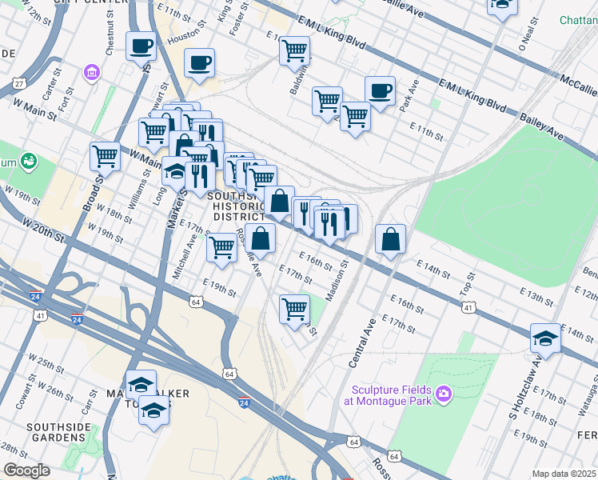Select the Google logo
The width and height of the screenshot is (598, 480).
[26, 470]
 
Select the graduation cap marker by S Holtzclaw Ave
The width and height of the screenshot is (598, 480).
[545, 338]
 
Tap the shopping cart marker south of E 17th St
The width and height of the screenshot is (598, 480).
[295, 309]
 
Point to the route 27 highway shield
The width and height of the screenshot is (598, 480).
[18, 83]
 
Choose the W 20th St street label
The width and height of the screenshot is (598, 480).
[43, 229]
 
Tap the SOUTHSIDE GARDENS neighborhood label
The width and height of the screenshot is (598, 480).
[58, 433]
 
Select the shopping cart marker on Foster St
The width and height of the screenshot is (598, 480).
[294, 50]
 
